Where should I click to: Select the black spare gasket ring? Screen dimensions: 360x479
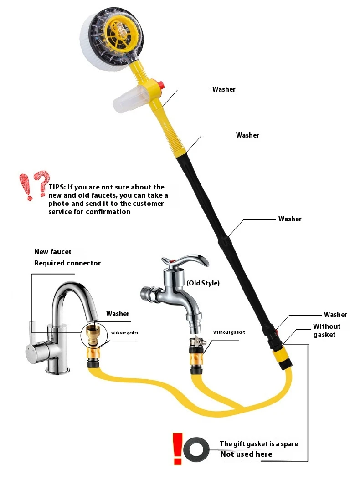coord(197,449)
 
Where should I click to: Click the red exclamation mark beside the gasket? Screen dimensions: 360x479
coord(177,449)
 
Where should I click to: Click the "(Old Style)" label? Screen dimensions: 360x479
coord(203,283)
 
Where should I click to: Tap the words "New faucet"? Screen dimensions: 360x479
coord(52,252)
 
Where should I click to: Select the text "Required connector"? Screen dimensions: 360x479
coord(67,263)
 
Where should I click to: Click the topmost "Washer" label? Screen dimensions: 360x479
coord(224,89)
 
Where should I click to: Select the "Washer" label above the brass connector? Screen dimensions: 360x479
coord(118,314)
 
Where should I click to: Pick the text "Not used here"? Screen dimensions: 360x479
coord(246,454)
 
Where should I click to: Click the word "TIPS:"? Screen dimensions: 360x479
coord(57,187)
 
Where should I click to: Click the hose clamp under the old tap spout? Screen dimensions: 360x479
coord(198,341)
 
